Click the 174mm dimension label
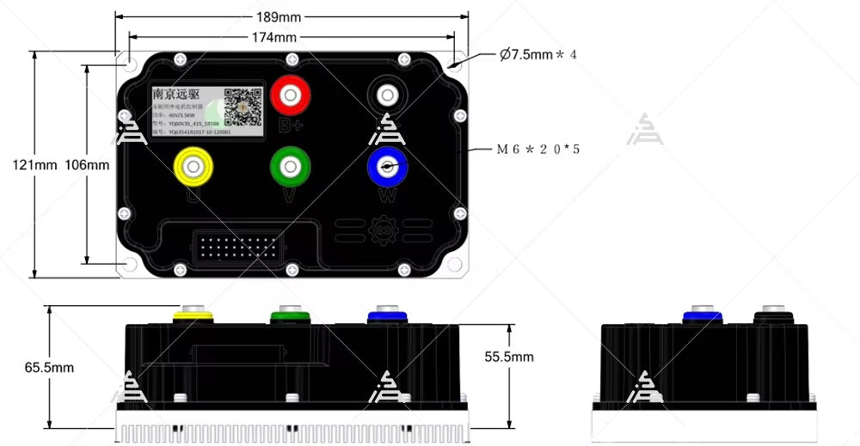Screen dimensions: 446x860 tap(274, 37)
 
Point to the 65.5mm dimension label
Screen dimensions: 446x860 tap(49, 367)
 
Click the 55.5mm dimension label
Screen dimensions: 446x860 tap(508, 356)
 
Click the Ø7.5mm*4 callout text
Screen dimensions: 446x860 tap(538, 54)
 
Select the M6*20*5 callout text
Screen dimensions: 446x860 tap(538, 149)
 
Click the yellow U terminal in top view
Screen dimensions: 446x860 tap(193, 164)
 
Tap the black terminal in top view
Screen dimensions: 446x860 tap(387, 95)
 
